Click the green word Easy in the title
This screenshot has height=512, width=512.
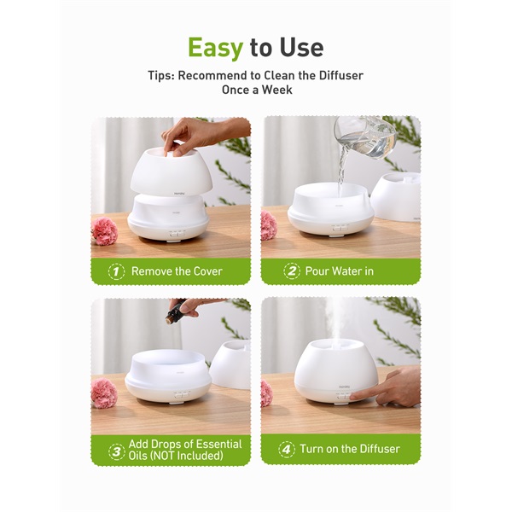point(216,48)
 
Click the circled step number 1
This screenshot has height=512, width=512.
point(116,271)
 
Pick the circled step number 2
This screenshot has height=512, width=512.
point(292,271)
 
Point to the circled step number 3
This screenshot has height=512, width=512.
point(117,452)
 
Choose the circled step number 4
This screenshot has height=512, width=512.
point(287,450)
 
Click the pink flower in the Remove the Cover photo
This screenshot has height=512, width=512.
point(104,231)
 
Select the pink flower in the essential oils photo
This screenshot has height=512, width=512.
point(104,393)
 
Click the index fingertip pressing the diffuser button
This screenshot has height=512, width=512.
point(352,396)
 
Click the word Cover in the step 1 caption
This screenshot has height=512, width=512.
point(207,271)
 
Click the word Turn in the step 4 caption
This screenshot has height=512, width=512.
point(311,449)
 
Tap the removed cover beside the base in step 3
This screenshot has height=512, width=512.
point(231,364)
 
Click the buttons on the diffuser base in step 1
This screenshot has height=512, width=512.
point(177,234)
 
